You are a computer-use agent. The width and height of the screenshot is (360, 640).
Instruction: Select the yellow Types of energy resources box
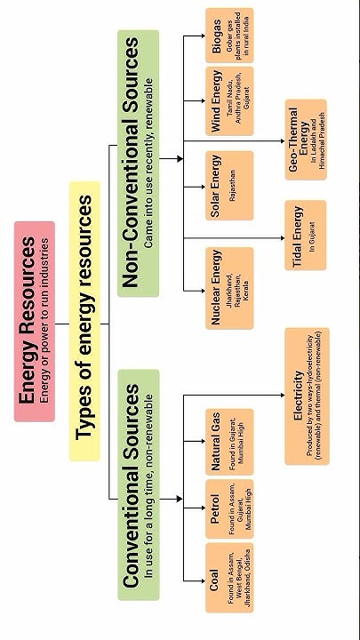85,320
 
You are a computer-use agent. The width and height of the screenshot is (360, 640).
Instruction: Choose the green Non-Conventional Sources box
138,164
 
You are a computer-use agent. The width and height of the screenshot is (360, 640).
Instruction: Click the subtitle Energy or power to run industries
45,320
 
